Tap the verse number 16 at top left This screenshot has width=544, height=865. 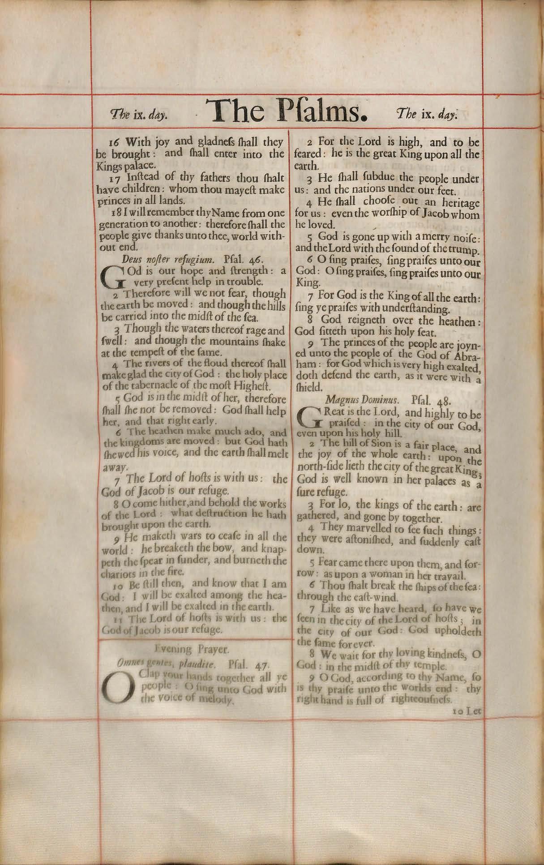[x=114, y=142]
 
